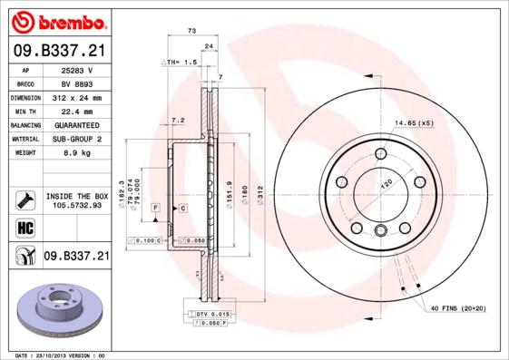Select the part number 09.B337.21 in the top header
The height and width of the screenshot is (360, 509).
point(61,51)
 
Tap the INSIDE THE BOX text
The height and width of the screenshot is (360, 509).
point(76,196)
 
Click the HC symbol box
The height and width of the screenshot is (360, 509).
point(24,227)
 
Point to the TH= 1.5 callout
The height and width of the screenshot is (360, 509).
point(180,62)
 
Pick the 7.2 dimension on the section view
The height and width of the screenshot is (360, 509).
point(178,120)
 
